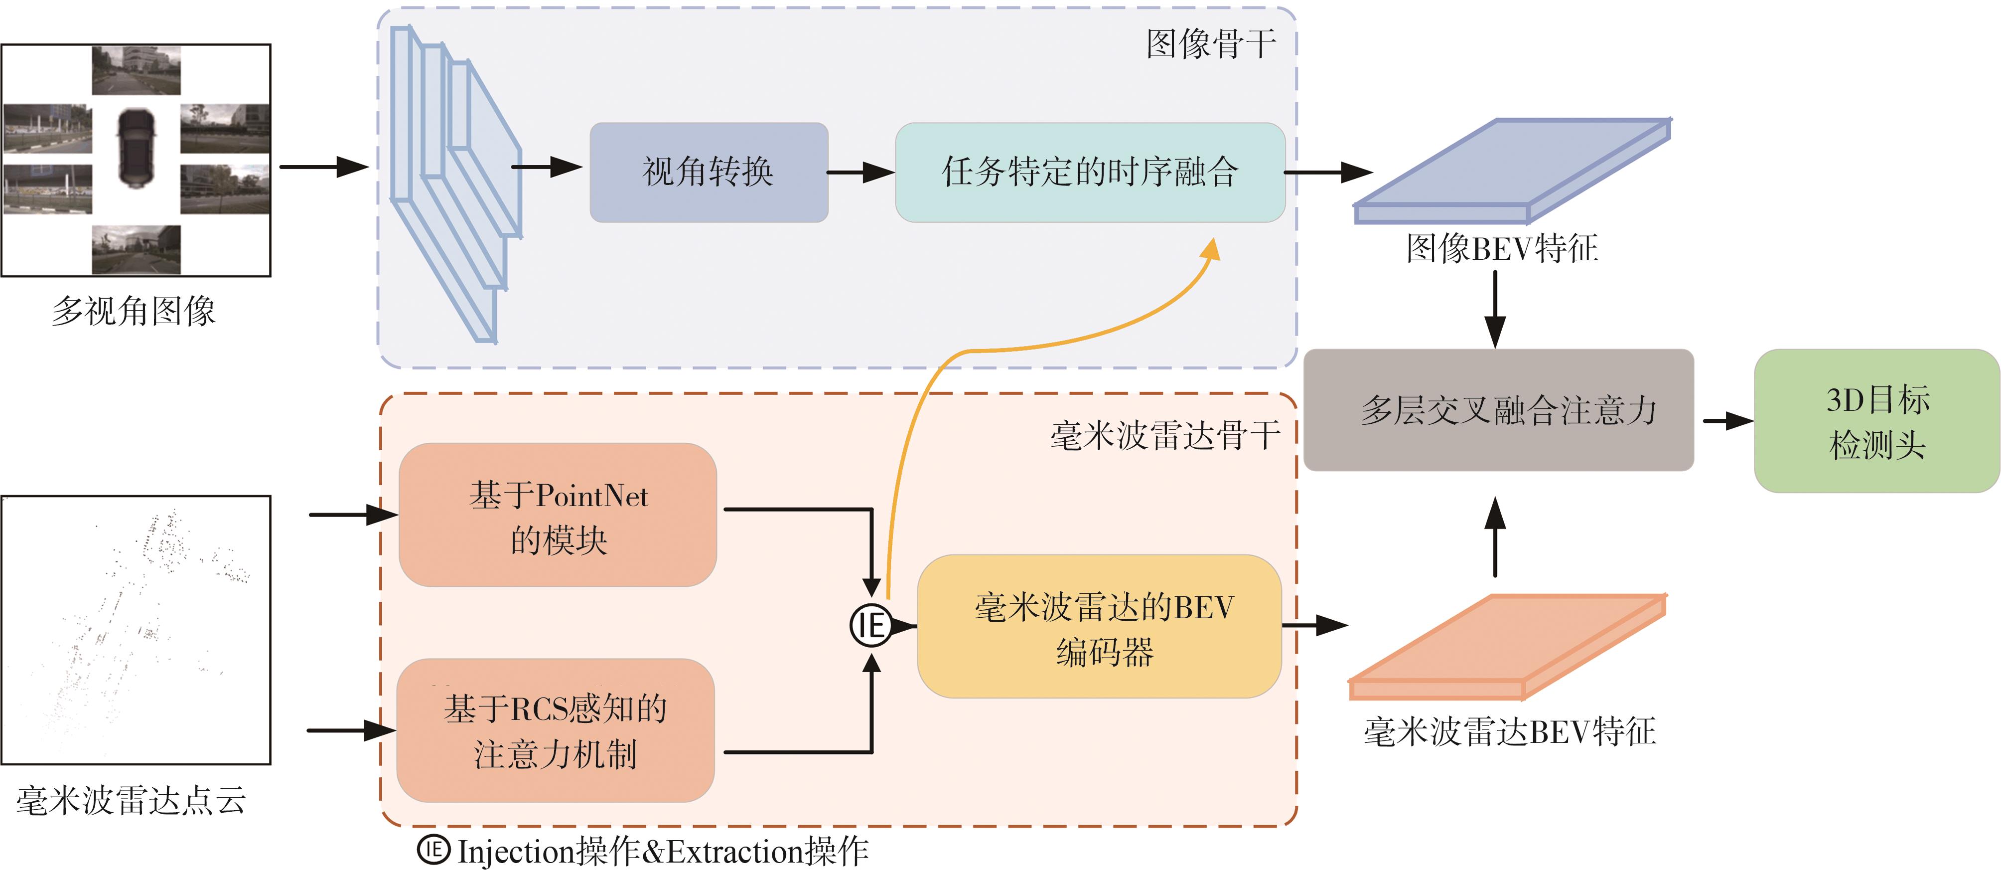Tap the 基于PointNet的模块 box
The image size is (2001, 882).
[558, 515]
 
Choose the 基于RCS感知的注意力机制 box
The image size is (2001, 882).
[556, 730]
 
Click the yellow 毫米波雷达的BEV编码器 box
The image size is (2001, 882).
[1099, 626]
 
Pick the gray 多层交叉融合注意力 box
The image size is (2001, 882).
[1498, 409]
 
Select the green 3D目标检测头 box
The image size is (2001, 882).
[1876, 421]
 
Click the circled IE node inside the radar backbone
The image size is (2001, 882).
[871, 625]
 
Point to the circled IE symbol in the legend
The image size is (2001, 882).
[433, 850]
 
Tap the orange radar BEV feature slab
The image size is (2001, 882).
[1507, 645]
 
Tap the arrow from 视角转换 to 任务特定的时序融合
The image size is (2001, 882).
[860, 173]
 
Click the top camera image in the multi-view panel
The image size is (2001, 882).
[136, 70]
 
